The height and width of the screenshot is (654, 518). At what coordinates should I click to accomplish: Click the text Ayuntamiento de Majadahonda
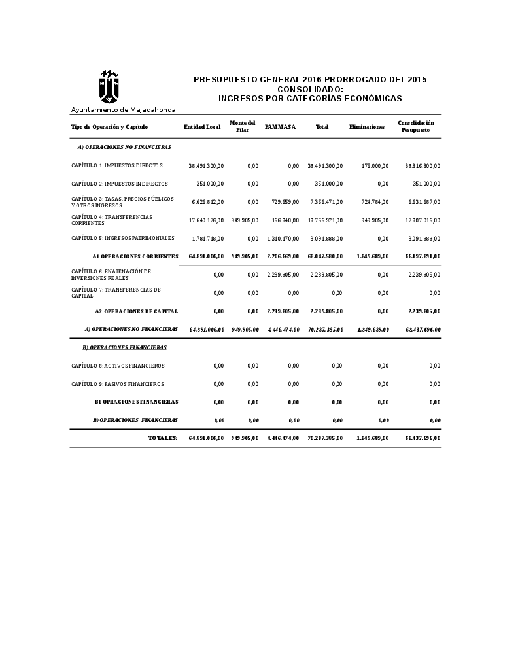(123, 109)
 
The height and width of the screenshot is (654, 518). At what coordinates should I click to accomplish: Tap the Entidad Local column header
(202, 127)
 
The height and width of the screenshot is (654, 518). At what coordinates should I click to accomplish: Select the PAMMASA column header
(281, 127)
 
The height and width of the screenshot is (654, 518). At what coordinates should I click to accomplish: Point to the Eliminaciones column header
(367, 127)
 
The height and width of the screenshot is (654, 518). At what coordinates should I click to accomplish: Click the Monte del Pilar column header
(243, 127)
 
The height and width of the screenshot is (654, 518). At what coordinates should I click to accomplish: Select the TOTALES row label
(163, 438)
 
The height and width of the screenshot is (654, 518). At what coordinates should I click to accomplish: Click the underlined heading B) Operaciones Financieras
(124, 347)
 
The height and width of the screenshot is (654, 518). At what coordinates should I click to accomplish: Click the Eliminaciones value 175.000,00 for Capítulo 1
(375, 166)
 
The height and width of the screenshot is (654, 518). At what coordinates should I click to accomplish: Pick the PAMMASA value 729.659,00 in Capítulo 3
(285, 202)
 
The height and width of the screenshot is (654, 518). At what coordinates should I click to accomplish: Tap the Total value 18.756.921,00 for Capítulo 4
(325, 220)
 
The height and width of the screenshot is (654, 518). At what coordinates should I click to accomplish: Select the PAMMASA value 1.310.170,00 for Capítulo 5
(283, 239)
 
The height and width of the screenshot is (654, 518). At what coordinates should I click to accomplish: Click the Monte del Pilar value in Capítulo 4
(245, 220)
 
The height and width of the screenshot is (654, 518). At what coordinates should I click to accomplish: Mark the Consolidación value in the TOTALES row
(423, 438)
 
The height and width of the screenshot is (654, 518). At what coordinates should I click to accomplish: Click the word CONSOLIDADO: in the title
(310, 89)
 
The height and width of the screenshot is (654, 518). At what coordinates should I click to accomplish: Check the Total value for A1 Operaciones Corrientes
(325, 256)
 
